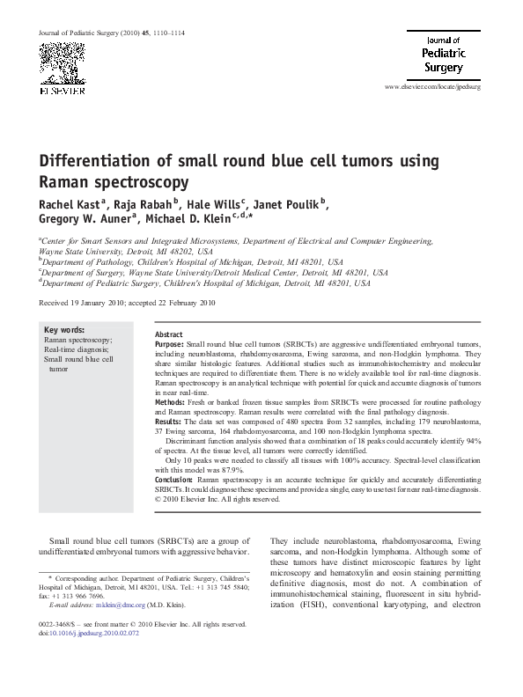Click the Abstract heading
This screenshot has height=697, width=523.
(168, 336)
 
